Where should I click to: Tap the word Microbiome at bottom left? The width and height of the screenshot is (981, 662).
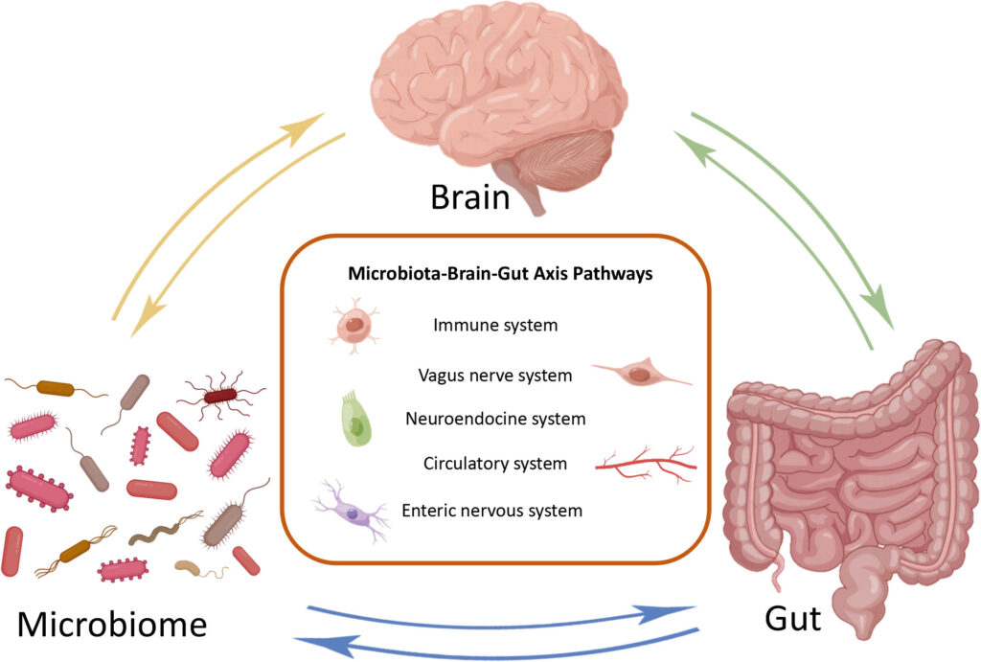[113, 625]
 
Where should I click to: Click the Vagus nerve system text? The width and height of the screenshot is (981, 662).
[495, 376]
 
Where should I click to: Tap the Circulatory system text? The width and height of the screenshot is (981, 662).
[495, 465]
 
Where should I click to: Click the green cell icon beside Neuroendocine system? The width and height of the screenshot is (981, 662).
[355, 419]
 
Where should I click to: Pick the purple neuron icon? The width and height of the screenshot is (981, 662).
[354, 514]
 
